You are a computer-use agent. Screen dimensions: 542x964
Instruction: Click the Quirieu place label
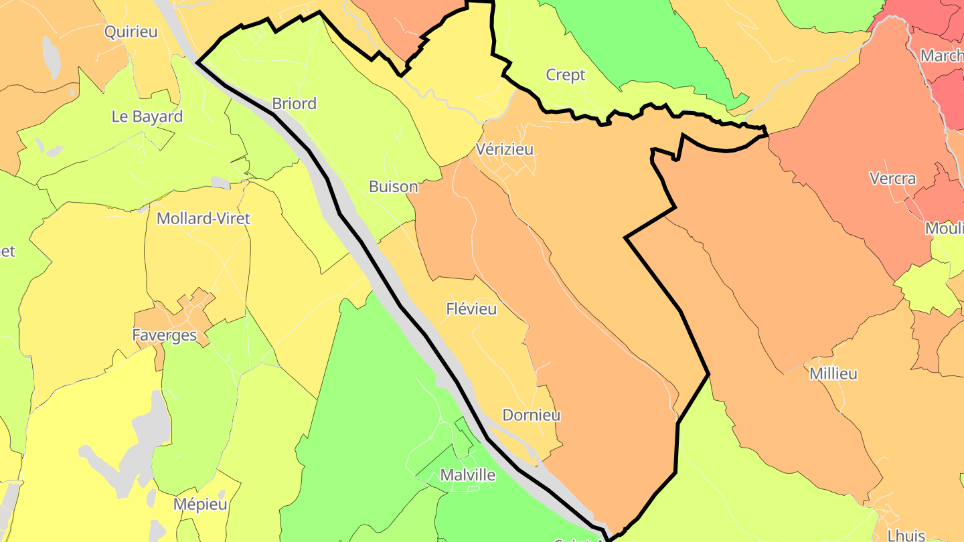[131, 31]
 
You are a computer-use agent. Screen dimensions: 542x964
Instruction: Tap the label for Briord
[294, 104]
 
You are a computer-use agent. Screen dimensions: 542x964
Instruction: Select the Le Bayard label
[147, 116]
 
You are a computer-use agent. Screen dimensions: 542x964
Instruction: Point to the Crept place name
[566, 75]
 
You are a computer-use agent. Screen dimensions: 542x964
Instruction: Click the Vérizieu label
[505, 149]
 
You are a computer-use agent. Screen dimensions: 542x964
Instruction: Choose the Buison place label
[393, 187]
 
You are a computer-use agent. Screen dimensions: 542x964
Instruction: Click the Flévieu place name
[471, 309]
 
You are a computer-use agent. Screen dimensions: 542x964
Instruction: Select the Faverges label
[164, 335]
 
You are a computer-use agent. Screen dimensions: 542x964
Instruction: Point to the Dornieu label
[531, 415]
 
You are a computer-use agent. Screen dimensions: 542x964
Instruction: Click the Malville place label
[467, 475]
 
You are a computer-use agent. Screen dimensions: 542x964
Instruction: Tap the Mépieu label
[200, 504]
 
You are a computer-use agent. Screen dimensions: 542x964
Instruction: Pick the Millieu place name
[833, 374]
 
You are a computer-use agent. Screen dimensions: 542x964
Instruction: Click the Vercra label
[892, 179]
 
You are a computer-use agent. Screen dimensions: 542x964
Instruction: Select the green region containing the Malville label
[375, 401]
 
